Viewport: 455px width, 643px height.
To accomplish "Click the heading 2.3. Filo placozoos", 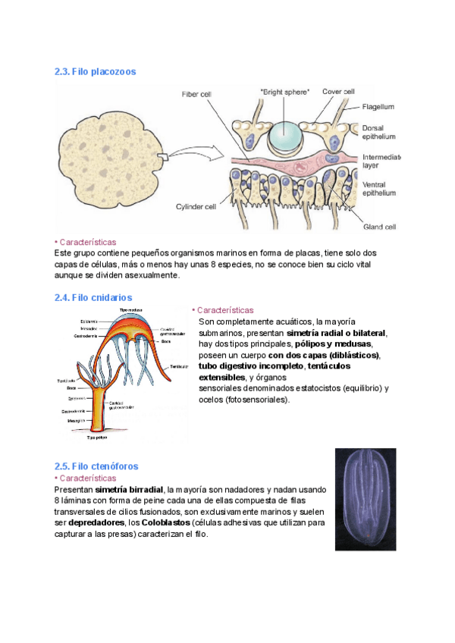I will pos(95,71).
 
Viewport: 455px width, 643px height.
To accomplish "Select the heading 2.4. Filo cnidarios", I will pos(93,298).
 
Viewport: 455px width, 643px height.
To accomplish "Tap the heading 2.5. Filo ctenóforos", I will pos(96,466).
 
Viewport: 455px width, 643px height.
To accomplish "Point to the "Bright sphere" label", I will pos(284,92).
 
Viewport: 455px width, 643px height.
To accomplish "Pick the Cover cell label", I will pos(338,92).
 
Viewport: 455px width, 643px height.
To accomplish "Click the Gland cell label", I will pos(380,225).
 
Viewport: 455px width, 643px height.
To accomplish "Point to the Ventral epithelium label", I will pos(378,188).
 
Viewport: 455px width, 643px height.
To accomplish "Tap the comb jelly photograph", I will pos(365,498).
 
